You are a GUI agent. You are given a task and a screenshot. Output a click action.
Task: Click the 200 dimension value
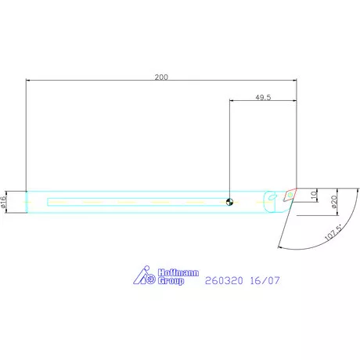point(161,77)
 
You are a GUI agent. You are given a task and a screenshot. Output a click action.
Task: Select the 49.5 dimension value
point(263,98)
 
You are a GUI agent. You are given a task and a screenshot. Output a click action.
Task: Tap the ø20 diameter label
point(333,201)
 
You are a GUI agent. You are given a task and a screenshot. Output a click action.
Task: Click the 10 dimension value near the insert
point(315,194)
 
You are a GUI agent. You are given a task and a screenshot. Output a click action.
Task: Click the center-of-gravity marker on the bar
point(229,201)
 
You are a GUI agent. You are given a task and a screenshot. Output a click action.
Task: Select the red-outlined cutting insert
point(290,193)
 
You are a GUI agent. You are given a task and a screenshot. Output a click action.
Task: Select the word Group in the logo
point(171,279)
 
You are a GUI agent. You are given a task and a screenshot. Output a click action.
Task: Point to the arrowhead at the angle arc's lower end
point(279,245)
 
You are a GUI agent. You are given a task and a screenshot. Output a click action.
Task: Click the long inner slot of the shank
point(133,201)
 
